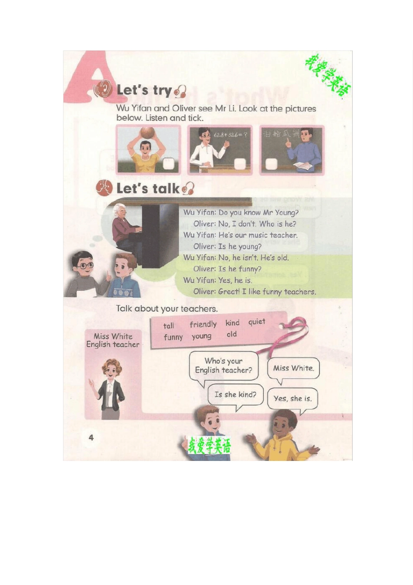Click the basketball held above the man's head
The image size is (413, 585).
[x=147, y=132]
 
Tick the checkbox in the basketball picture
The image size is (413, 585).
[x=168, y=164]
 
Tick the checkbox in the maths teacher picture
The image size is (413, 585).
[x=240, y=164]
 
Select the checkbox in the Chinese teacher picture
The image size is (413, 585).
[x=271, y=164]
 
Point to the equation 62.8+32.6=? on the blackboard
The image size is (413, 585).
[x=230, y=135]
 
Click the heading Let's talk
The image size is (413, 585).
[x=148, y=188]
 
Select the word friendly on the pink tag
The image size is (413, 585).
[x=203, y=324]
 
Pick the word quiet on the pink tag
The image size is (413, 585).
[x=256, y=322]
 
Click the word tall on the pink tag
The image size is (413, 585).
[x=169, y=326]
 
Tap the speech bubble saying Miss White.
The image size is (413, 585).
[x=293, y=368]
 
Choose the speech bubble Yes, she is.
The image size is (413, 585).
[x=292, y=398]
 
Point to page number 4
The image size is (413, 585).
[x=91, y=437]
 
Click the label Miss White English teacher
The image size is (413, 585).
[x=113, y=340]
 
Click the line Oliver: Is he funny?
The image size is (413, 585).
[x=227, y=269]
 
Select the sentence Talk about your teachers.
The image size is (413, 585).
[x=167, y=309]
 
